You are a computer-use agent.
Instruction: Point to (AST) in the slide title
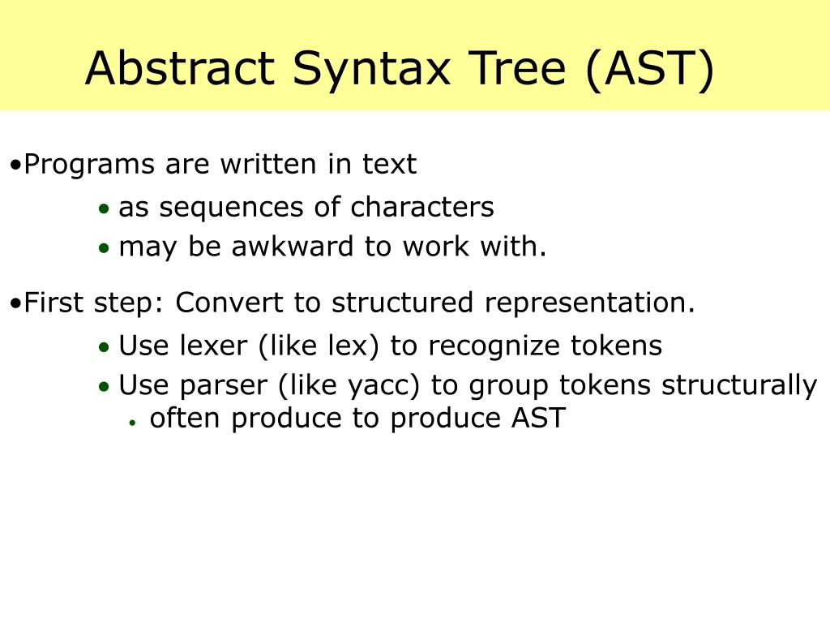click(x=647, y=68)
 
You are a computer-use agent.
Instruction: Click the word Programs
click(x=89, y=165)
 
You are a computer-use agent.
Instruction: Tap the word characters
click(x=421, y=208)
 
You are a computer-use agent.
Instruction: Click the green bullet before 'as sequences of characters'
click(x=104, y=209)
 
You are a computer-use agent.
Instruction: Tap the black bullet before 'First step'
click(x=16, y=304)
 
